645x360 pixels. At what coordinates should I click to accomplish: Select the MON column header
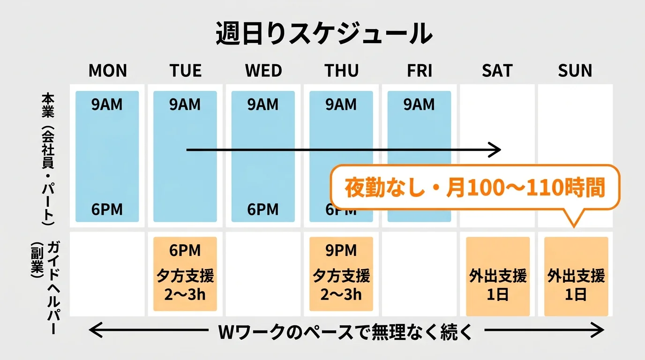click(107, 71)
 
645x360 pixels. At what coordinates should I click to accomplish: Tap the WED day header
click(263, 71)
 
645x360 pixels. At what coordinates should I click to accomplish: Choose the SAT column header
click(497, 71)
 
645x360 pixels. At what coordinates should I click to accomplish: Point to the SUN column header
click(575, 71)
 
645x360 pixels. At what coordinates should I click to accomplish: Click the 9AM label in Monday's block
click(107, 105)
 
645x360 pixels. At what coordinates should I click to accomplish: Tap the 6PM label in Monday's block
click(107, 210)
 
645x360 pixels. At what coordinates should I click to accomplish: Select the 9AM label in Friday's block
click(419, 105)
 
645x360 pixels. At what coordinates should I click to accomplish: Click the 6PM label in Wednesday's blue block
click(263, 210)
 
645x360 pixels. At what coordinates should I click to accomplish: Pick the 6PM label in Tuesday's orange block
click(185, 250)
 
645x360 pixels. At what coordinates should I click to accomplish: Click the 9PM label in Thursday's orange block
click(341, 250)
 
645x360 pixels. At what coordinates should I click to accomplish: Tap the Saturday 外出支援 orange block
click(498, 277)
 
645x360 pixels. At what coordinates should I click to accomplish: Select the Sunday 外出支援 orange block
click(576, 277)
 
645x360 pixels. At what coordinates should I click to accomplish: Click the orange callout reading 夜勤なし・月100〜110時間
click(475, 187)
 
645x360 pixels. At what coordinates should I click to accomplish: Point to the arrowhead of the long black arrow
click(497, 150)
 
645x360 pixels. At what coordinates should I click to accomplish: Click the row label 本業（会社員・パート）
click(48, 159)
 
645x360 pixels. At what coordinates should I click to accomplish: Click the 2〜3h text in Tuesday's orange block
click(185, 295)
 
